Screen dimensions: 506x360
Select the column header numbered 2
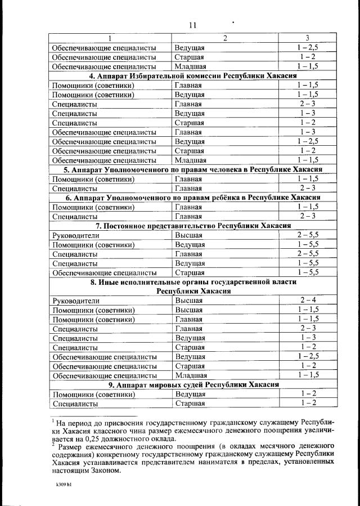tap(224, 38)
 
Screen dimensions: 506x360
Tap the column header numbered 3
tap(307, 38)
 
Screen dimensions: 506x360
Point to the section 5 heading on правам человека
tap(192, 169)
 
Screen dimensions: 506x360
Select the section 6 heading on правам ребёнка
tap(192, 198)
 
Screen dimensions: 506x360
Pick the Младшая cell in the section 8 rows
tap(191, 375)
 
